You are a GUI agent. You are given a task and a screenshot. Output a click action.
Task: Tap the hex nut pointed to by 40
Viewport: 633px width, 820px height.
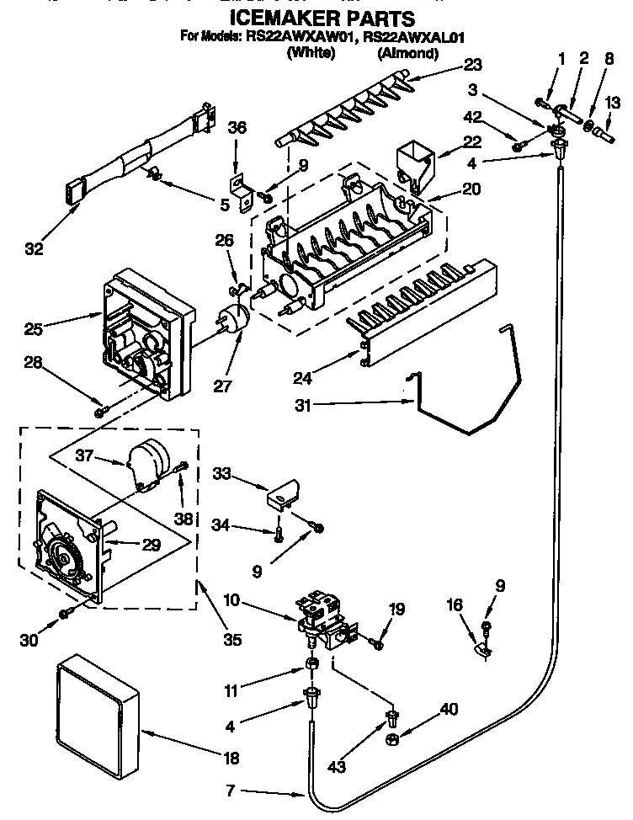click(392, 740)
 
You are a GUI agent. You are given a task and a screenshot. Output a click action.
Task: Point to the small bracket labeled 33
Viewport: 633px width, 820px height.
click(284, 494)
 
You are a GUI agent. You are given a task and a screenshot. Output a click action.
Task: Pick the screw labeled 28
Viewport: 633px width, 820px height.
click(100, 411)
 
